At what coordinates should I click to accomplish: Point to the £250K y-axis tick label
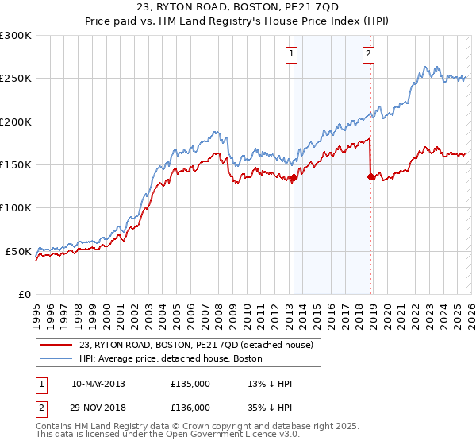click(x=16, y=79)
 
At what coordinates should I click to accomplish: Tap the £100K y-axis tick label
click(x=16, y=207)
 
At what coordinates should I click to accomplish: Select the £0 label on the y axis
click(x=24, y=294)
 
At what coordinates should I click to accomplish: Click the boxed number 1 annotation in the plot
click(x=292, y=54)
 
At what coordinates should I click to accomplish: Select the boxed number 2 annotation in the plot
click(x=370, y=54)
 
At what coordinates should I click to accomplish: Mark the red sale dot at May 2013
click(x=294, y=178)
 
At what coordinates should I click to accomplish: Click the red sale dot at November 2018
click(x=371, y=177)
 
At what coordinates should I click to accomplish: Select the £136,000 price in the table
click(x=190, y=407)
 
